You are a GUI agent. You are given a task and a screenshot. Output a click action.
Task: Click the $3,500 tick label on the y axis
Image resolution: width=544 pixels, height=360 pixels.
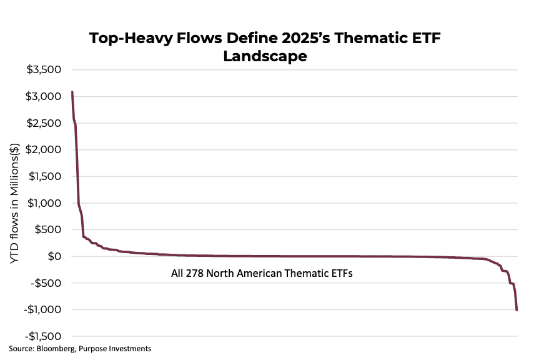43,70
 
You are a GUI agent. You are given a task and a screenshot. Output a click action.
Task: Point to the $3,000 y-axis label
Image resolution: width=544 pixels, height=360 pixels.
43,97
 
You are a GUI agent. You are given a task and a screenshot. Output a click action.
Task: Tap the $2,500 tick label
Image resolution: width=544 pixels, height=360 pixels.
43,123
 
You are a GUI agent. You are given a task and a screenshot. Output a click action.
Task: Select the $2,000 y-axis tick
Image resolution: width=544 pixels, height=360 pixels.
43,150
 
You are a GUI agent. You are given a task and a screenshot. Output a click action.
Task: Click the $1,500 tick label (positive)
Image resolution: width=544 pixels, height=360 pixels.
43,177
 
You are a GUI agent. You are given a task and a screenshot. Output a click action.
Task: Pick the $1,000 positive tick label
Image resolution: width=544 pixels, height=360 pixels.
43,203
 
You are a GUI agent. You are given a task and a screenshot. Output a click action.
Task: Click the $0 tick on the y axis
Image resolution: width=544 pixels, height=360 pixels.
54,256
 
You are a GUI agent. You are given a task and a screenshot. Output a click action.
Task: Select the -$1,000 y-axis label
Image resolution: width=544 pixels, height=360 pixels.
41,310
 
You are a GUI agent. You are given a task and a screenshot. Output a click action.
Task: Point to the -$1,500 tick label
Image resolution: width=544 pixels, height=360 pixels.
41,336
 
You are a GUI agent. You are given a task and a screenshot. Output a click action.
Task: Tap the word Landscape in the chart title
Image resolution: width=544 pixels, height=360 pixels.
265,56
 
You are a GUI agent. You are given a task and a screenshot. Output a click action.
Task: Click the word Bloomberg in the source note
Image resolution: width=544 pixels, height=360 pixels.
55,348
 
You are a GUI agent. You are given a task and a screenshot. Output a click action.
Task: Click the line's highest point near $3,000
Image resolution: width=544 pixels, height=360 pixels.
72,92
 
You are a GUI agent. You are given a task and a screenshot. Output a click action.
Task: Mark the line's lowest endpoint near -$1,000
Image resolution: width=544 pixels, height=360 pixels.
517,310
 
